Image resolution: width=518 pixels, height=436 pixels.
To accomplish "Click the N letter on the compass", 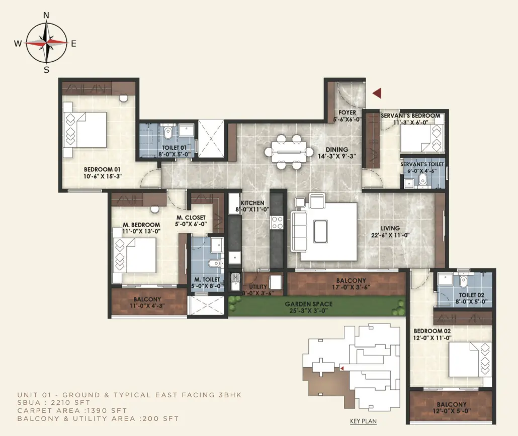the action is [46, 15].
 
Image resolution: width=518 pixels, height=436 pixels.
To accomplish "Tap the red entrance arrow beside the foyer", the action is [377, 93].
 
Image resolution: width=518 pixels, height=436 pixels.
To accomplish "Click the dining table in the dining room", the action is [289, 152].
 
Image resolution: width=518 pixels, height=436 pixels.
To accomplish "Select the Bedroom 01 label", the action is [102, 170].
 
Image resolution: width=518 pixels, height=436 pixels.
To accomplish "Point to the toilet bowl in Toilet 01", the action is [168, 132].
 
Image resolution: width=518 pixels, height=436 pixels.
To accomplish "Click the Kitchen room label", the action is [252, 203].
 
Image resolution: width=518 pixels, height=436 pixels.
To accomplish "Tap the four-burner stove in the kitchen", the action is [277, 223].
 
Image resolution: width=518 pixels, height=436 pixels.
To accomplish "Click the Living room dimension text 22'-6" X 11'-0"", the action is [390, 235].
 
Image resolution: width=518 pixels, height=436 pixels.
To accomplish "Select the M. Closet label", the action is [191, 217].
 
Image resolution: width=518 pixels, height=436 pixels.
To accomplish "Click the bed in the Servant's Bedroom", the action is [421, 138].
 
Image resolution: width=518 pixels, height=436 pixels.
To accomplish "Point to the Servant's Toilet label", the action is [422, 164].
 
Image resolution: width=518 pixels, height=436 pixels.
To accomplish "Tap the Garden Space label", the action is [309, 304].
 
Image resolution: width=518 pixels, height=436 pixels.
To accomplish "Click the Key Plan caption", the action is [364, 421].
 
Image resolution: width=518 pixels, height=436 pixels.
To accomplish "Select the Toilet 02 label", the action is [471, 295].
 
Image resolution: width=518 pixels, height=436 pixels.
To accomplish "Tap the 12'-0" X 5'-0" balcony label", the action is [452, 411].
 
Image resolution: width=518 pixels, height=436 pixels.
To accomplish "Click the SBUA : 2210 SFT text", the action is [53, 403].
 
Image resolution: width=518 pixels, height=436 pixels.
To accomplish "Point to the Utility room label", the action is [258, 286].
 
